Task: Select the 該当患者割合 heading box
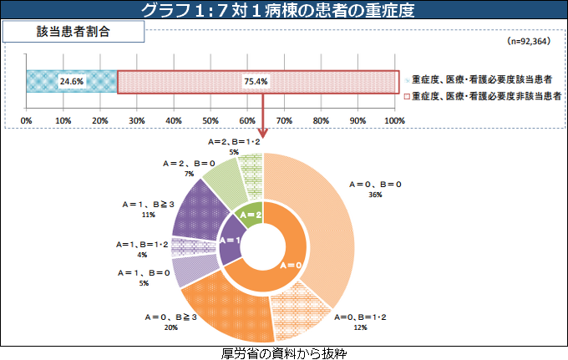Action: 74,33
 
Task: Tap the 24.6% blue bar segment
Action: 72,81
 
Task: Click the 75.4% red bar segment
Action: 257,81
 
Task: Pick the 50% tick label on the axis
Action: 211,122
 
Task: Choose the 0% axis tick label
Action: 27,122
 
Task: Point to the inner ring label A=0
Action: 289,265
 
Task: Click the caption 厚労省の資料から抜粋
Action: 283,353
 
